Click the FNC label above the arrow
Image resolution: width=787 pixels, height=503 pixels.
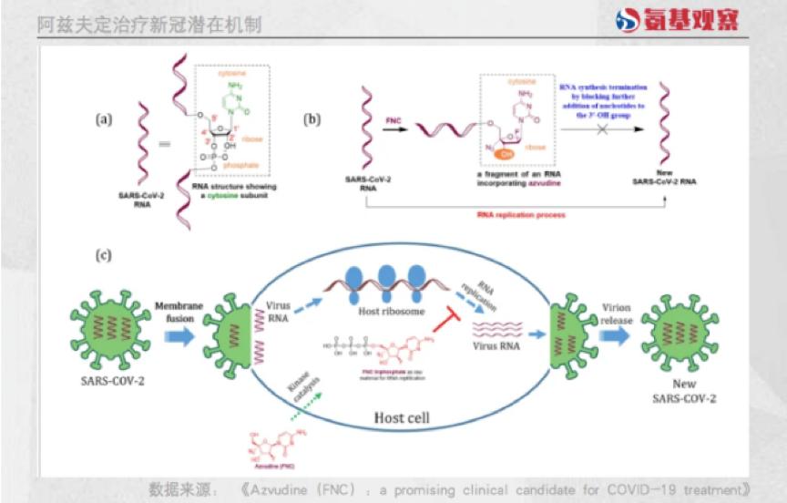point(393,120)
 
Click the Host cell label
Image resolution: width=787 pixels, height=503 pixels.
point(411,419)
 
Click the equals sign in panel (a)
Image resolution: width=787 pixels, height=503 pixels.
point(164,144)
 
